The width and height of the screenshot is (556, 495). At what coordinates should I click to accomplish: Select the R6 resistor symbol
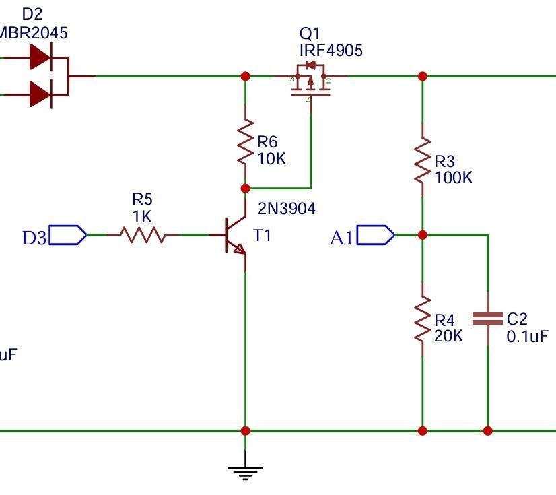coord(245,142)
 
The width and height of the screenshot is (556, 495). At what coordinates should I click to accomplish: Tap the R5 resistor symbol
coord(143,235)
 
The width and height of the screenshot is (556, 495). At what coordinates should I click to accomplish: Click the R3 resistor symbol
coord(423,160)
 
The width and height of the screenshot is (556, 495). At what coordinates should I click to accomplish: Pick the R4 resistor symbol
coord(423,320)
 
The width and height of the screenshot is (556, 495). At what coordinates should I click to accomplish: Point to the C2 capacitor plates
coord(487,319)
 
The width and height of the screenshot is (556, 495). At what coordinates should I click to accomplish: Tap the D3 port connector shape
coord(68,235)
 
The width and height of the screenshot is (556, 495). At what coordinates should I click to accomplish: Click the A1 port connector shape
coord(376,235)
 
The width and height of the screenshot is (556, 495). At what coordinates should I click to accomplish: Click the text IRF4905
coord(331,51)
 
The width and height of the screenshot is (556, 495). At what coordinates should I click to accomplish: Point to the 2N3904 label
coord(286,209)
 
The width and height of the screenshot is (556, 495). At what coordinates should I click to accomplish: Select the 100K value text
coord(454,178)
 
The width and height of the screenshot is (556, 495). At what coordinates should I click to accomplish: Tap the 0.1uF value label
coord(527,337)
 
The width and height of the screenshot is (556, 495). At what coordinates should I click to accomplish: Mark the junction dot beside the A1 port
coord(423,235)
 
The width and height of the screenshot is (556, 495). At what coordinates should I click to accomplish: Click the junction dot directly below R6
coord(245,189)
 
